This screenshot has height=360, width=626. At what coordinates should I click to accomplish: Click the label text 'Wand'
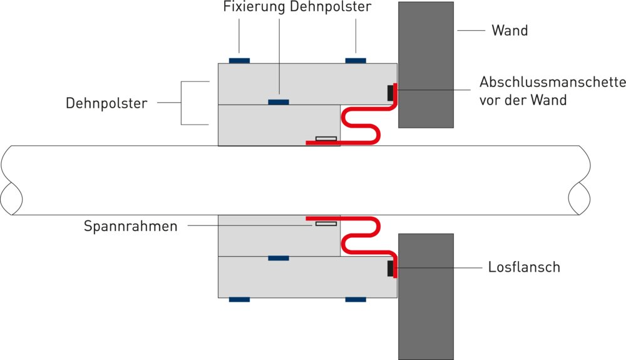510,30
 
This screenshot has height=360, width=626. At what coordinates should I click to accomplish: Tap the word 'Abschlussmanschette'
553,82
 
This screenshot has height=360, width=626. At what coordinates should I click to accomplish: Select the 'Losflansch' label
524,267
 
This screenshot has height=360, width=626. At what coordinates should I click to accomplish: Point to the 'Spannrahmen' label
131,226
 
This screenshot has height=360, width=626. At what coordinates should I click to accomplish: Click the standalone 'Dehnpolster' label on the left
106,103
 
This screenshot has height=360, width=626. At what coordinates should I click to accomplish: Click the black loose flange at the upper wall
391,93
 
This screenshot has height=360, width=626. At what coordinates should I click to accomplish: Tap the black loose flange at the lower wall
391,269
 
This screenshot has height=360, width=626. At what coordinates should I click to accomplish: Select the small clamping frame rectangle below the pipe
326,224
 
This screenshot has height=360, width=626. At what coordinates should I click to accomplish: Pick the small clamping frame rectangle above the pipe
326,138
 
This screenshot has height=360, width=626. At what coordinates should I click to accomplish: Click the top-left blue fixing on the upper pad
239,61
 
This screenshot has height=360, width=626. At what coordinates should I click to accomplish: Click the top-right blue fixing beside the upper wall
356,61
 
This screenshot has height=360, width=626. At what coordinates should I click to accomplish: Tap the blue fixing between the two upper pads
278,102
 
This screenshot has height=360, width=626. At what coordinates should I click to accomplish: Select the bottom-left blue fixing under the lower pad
239,300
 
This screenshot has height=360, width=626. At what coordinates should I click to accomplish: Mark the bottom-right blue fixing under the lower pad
356,300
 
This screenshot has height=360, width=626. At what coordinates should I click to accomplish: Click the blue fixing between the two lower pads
278,258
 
